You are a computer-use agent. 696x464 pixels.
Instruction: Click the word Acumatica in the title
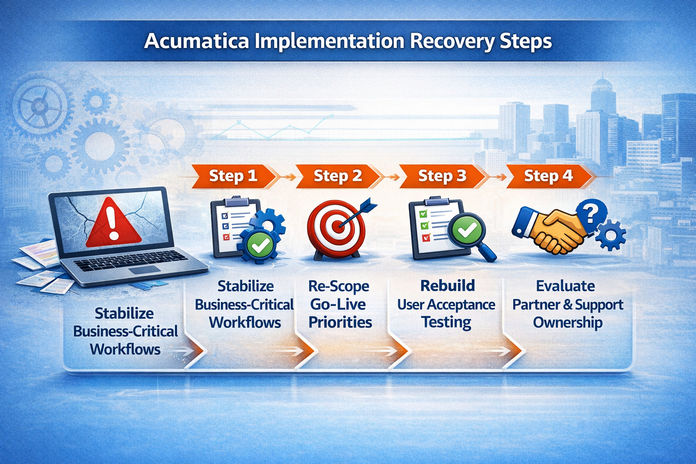tap(196, 41)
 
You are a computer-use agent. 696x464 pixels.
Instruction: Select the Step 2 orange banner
tap(338, 176)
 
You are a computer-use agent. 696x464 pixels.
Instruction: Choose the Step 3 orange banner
tap(442, 176)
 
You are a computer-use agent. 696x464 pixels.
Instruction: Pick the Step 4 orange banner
tap(548, 176)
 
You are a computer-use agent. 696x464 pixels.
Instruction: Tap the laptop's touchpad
tap(144, 270)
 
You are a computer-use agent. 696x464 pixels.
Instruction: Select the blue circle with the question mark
tap(590, 213)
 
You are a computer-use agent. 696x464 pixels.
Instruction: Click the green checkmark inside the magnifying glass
tap(467, 230)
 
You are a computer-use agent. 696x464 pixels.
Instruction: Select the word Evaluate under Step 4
tap(565, 286)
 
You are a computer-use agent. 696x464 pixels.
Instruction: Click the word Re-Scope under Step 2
tap(338, 286)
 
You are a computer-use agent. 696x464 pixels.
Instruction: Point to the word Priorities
tap(340, 322)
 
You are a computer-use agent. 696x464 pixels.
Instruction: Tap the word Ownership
tap(567, 322)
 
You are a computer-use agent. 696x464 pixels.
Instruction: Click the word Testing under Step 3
tap(446, 322)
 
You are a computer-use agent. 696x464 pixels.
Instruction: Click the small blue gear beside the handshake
tap(611, 235)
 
